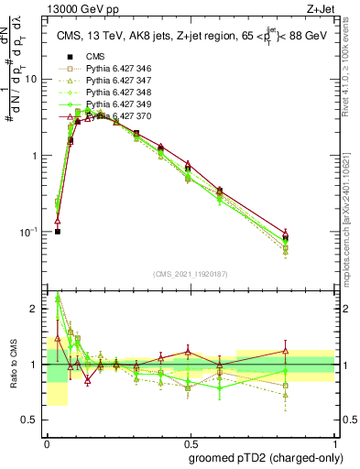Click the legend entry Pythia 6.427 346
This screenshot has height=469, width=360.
click(x=118, y=69)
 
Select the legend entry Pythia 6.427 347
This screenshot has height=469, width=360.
click(x=118, y=81)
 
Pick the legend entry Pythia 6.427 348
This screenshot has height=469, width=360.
click(x=118, y=93)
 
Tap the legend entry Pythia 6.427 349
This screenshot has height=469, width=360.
click(x=118, y=104)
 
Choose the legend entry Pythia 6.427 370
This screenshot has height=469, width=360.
click(x=118, y=116)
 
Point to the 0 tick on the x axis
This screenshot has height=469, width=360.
click(x=48, y=442)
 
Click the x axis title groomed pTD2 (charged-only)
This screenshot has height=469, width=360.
click(x=266, y=457)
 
